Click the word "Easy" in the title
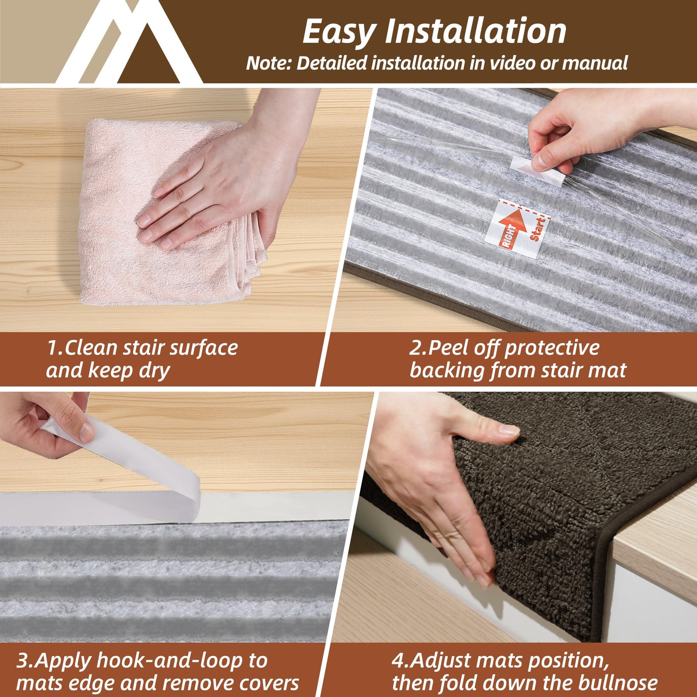(x=337, y=32)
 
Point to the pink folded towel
(x=173, y=213)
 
